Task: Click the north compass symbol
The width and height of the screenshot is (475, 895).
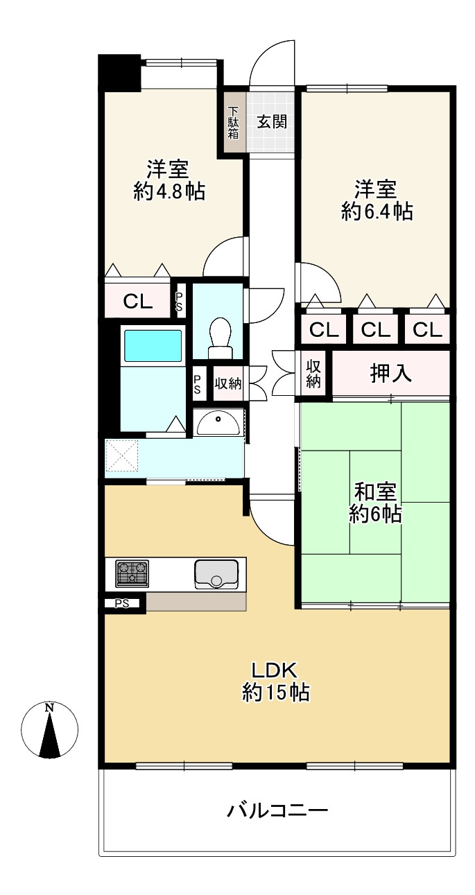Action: (49, 730)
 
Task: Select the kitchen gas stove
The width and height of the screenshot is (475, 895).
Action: (132, 573)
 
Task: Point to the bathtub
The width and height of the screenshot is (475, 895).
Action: (152, 345)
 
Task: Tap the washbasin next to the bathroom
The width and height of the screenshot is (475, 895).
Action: (220, 421)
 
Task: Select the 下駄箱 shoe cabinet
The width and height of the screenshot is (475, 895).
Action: (234, 122)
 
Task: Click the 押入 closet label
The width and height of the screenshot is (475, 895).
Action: (390, 374)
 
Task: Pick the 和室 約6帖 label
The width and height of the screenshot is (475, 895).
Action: (376, 503)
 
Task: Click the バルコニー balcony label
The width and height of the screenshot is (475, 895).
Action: (277, 810)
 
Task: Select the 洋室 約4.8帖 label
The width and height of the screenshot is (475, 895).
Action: (169, 180)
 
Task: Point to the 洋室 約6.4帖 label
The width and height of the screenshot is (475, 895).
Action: (377, 200)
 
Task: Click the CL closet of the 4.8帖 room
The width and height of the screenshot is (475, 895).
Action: (137, 301)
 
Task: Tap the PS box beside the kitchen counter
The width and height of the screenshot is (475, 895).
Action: (122, 603)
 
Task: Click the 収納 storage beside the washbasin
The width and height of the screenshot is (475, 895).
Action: (227, 383)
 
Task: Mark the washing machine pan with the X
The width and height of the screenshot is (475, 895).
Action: (123, 458)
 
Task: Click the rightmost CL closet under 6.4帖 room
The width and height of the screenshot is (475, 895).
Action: (427, 330)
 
